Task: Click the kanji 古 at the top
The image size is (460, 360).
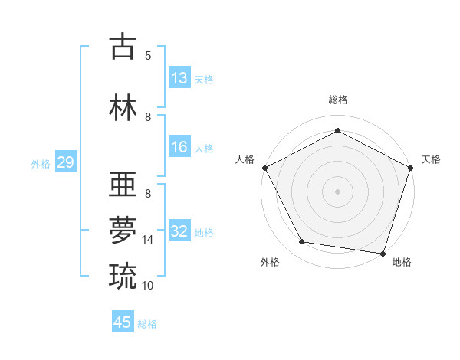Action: point(123,47)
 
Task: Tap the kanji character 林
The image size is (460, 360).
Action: point(123,107)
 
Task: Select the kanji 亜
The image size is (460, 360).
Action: point(123,186)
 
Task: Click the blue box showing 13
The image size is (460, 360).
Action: point(179,78)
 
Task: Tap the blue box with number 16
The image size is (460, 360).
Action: point(179,147)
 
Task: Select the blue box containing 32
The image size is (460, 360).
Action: point(179,232)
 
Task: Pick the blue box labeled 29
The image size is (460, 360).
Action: point(65,162)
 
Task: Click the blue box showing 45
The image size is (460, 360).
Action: point(123,322)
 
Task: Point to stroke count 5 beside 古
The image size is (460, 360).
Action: point(148,55)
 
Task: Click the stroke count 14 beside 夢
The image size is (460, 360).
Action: point(148,240)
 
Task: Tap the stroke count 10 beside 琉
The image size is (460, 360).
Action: point(148,285)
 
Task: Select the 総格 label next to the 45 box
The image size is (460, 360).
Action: point(147,324)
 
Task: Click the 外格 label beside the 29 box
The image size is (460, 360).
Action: point(41,163)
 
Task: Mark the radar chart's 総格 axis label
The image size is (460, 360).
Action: point(337,100)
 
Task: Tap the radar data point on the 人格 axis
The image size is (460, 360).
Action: point(264,167)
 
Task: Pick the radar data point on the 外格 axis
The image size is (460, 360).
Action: point(302,242)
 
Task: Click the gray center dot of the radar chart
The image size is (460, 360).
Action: point(337,191)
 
